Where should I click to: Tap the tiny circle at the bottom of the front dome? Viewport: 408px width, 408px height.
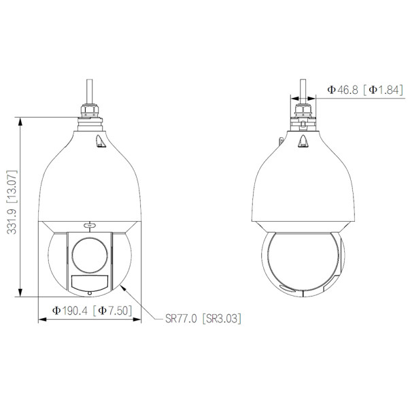tap(90, 293)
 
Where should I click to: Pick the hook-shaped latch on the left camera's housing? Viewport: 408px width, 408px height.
tap(99, 140)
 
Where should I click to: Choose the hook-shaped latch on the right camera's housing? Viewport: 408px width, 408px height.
tap(303, 140)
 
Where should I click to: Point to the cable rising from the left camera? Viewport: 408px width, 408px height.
tap(90, 89)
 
